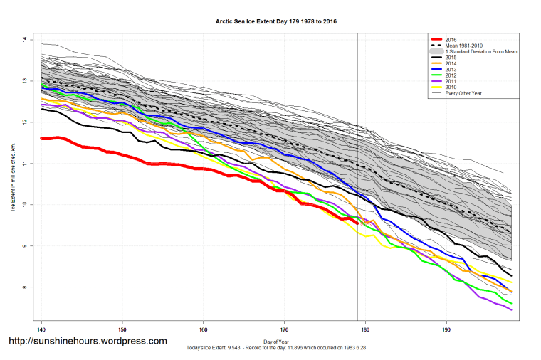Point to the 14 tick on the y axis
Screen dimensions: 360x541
click(x=25, y=40)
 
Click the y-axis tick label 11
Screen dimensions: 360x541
click(x=25, y=164)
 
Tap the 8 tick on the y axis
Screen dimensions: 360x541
click(x=25, y=287)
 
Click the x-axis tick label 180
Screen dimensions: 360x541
click(x=365, y=330)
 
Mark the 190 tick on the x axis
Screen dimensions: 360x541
click(x=446, y=330)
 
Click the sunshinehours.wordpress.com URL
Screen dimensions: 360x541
click(x=87, y=341)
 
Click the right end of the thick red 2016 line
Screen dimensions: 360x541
click(x=357, y=223)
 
